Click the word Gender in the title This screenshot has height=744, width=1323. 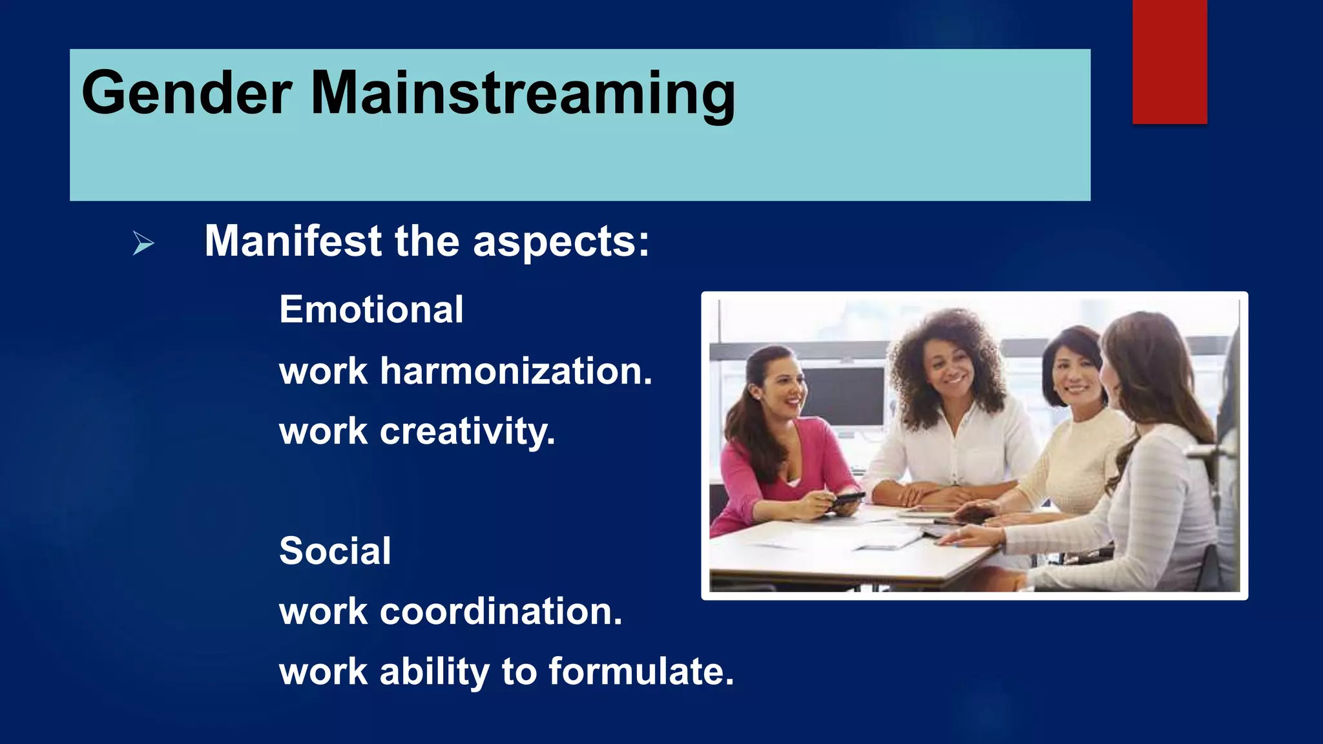coord(187,94)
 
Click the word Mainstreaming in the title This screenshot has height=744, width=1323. coord(523,94)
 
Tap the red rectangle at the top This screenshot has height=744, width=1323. coord(1169,62)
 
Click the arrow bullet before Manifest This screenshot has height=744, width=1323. coord(143,243)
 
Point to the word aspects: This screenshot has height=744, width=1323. coord(561,242)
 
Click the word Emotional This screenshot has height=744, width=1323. coord(371,309)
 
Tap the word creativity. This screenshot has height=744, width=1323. coord(467,431)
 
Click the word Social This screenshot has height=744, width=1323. coord(335,551)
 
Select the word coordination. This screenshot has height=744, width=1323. coord(501,612)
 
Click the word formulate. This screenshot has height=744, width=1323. coord(641,672)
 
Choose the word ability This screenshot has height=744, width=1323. coord(434,672)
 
